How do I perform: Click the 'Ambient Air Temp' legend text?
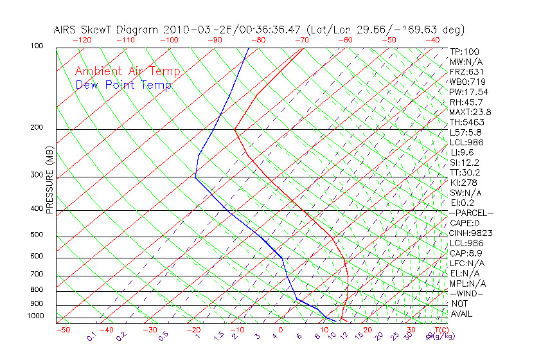coord(127,71)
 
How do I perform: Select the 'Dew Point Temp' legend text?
coord(123,85)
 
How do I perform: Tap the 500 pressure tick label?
coord(37,235)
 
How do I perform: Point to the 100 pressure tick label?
coord(37,46)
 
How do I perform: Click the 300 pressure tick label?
coord(37,175)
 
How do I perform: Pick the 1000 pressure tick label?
coord(35,316)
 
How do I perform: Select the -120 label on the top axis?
coord(82,39)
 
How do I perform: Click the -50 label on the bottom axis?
coord(62,330)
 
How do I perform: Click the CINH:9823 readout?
coord(468,233)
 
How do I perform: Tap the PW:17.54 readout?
coord(468,92)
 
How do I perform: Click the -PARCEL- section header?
coord(471,213)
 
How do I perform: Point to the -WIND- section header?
coord(466,293)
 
